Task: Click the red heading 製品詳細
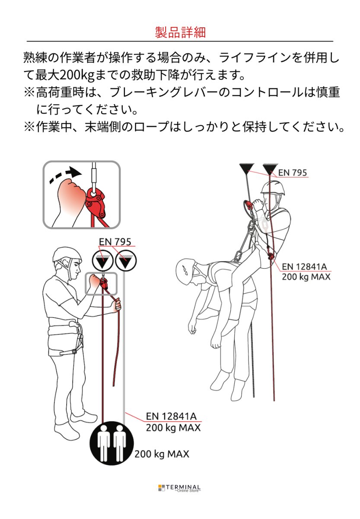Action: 180,32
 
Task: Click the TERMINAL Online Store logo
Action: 179,488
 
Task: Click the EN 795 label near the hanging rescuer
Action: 292,172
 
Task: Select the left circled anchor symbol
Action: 102,261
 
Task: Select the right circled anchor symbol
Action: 125,261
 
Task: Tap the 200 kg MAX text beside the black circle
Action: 161,454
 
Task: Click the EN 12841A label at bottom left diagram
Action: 171,416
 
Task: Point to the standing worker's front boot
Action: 83,417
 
